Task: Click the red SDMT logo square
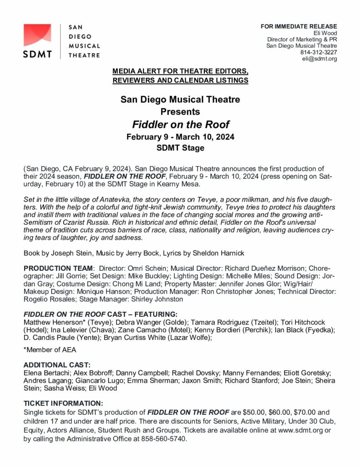pyautogui.click(x=37, y=35)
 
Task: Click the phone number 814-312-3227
pyautogui.click(x=319, y=52)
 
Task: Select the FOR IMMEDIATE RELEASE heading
pyautogui.click(x=299, y=26)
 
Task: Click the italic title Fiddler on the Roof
pyautogui.click(x=180, y=124)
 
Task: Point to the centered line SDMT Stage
pyautogui.click(x=180, y=148)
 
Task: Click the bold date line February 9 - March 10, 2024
pyautogui.click(x=180, y=137)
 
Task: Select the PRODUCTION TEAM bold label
pyautogui.click(x=58, y=268)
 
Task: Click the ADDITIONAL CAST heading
pyautogui.click(x=57, y=365)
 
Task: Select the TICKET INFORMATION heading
pyautogui.click(x=63, y=403)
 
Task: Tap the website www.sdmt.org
pyautogui.click(x=296, y=431)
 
